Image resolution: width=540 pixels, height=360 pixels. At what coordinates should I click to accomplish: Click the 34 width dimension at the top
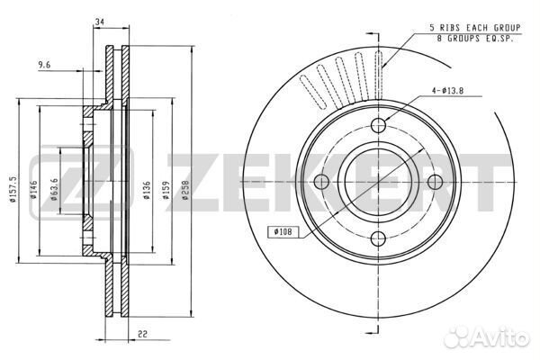pyautogui.click(x=99, y=22)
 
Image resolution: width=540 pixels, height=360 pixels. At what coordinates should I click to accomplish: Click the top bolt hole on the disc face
pyautogui.click(x=379, y=124)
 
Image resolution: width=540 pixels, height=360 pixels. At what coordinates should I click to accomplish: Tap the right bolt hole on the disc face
pyautogui.click(x=436, y=181)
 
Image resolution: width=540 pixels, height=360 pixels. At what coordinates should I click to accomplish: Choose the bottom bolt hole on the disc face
pyautogui.click(x=379, y=238)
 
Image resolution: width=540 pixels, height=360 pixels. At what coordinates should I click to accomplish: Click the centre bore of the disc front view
pyautogui.click(x=379, y=181)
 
